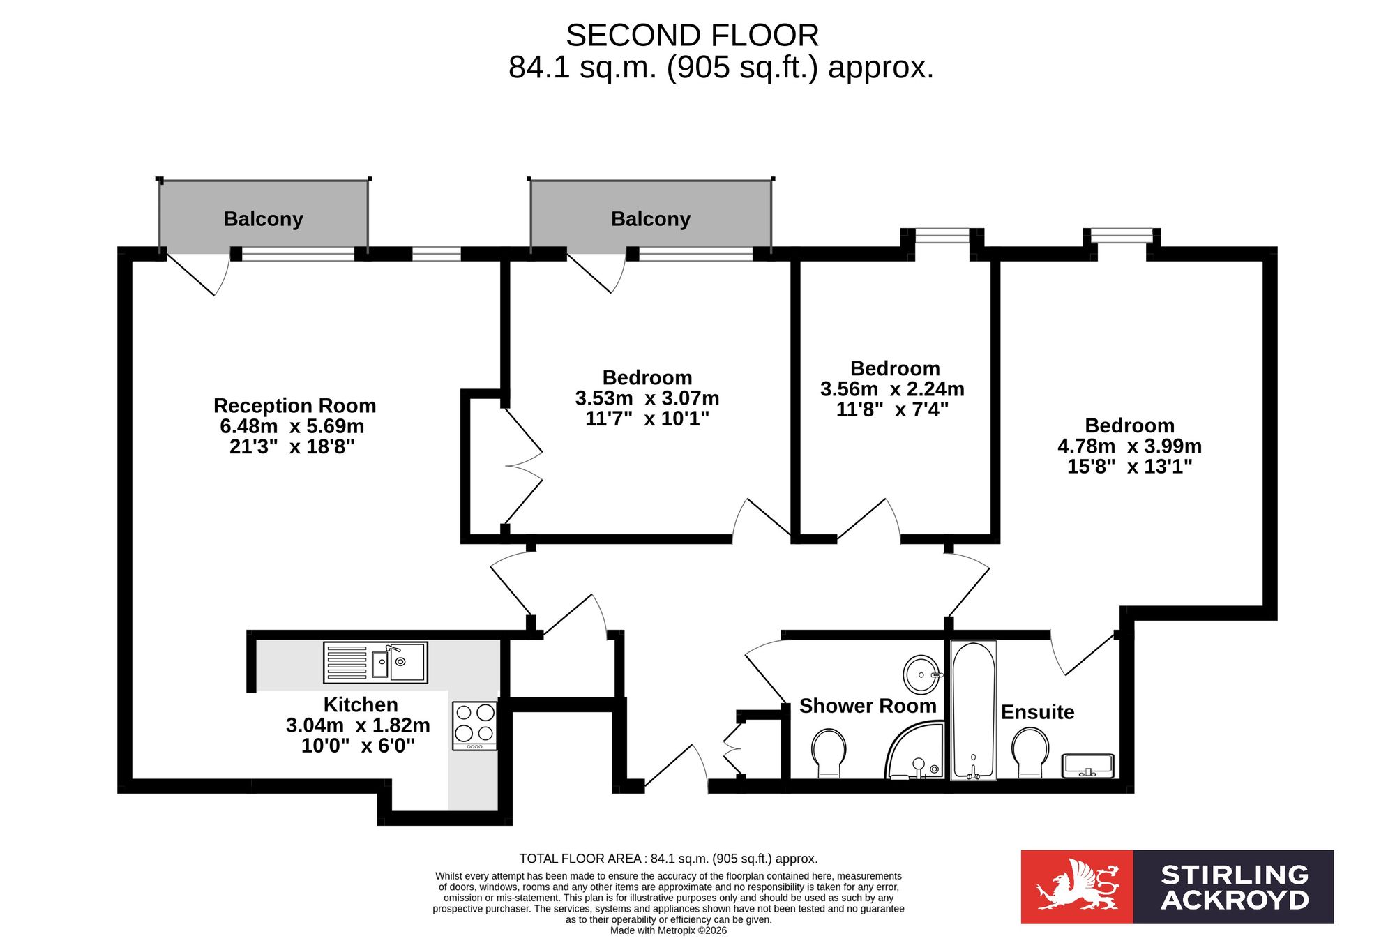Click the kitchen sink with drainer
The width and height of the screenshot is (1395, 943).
pos(375,662)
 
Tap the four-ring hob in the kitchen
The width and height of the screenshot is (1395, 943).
pos(474,725)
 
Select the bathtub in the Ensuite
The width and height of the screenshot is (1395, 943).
pos(974,710)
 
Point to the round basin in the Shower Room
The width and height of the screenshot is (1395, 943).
pos(922,674)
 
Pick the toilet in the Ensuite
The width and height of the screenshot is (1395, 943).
pos(1030,753)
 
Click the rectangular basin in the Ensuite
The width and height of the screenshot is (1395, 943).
pos(1088,765)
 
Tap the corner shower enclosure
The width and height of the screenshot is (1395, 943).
pos(914,751)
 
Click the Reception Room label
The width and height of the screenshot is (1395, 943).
pos(295,405)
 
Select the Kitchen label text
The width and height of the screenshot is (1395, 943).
pos(361,704)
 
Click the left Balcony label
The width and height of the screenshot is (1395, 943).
pos(264,219)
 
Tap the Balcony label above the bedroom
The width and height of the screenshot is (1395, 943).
pos(651,219)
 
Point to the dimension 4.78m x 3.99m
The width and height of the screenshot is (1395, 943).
pos(1130,446)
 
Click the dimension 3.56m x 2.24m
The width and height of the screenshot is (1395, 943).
pos(893,388)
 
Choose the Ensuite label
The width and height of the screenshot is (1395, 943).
pos(1038,712)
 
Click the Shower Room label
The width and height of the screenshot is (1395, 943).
pos(868,706)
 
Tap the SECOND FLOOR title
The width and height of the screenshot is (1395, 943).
pos(693,36)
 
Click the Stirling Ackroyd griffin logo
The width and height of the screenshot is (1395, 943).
pos(1078,886)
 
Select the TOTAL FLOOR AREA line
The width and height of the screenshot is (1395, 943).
pos(668,859)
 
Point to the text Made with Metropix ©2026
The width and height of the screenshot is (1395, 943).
pos(668,930)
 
